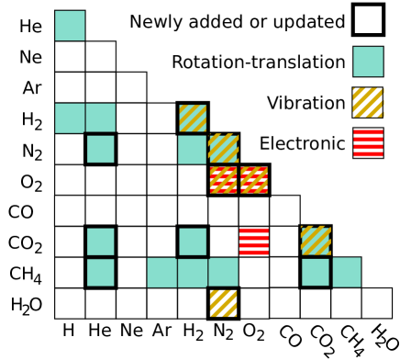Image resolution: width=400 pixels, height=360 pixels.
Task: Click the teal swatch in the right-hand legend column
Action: (x=368, y=62)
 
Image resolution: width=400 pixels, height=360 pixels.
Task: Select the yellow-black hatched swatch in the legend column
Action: (x=368, y=102)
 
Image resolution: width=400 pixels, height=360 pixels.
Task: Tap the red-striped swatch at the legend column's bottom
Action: (x=368, y=143)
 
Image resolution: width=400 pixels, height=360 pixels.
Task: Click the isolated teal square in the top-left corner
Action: (x=70, y=26)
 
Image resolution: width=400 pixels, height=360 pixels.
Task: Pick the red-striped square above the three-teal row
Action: (x=254, y=241)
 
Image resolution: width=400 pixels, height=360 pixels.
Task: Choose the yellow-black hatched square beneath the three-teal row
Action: (x=223, y=303)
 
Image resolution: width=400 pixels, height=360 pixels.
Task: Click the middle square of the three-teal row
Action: (x=193, y=273)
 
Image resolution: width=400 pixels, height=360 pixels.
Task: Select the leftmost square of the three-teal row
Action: (x=161, y=273)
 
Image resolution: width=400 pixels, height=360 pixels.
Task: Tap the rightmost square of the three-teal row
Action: (x=223, y=272)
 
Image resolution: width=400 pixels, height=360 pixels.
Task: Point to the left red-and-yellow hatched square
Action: (x=223, y=180)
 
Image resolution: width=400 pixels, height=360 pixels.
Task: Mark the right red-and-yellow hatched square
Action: (x=254, y=180)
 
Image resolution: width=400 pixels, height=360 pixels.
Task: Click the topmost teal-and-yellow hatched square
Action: (x=193, y=118)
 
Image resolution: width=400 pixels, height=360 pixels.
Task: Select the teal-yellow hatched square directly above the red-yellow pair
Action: (x=223, y=148)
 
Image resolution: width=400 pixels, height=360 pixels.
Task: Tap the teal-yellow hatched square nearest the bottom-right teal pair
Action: (x=316, y=241)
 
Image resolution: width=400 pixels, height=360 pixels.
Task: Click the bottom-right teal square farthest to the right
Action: (x=347, y=272)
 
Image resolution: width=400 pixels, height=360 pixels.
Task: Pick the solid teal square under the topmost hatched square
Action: (x=192, y=149)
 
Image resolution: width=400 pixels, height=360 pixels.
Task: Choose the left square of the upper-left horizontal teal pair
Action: (x=70, y=118)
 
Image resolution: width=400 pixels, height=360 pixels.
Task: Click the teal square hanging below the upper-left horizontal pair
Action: (x=101, y=149)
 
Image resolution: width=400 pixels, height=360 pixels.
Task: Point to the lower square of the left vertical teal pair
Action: (x=101, y=272)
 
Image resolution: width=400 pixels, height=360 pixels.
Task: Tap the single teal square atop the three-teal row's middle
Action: (x=193, y=242)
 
